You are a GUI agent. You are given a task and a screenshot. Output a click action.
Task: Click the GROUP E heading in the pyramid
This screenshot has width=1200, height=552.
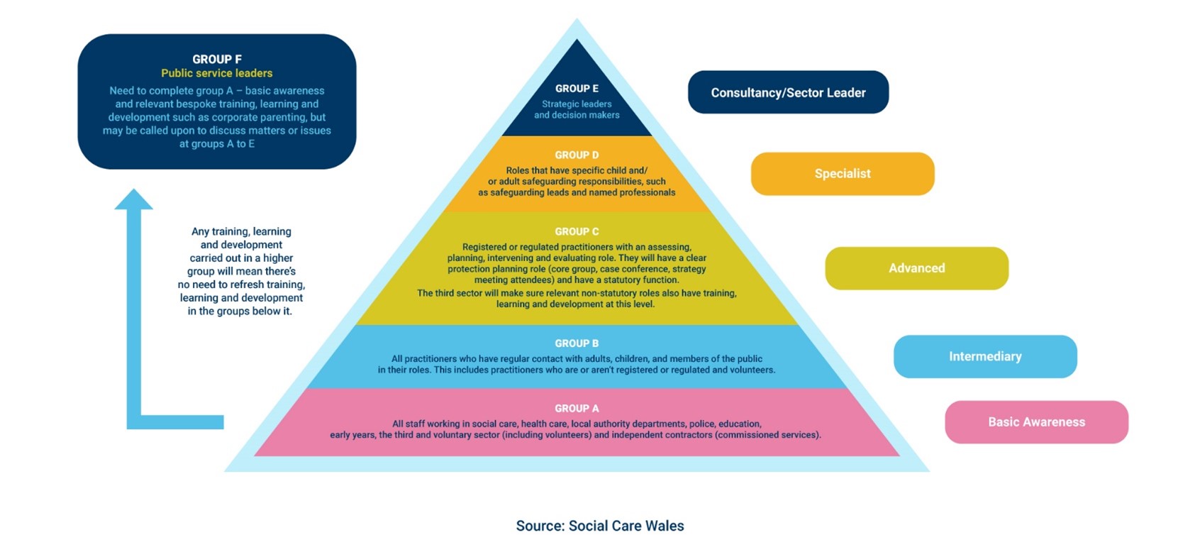click(x=577, y=89)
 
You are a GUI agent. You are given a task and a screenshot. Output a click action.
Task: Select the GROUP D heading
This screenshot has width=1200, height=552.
click(x=577, y=155)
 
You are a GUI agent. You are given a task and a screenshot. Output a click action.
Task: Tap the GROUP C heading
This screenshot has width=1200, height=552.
click(x=577, y=231)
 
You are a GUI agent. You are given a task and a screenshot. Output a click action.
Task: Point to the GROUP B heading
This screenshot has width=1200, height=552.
click(x=577, y=343)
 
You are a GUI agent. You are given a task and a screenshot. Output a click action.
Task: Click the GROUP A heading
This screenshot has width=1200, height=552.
click(x=577, y=409)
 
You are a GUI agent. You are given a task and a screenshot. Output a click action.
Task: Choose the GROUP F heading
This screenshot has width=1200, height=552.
click(x=217, y=59)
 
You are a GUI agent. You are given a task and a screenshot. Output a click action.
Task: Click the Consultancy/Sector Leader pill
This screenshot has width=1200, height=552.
click(x=788, y=92)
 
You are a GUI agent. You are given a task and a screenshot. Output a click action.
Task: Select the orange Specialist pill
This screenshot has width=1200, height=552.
click(x=843, y=174)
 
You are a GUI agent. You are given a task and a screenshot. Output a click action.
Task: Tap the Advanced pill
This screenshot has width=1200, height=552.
click(x=916, y=268)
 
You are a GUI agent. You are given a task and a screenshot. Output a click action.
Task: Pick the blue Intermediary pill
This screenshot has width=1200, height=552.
click(x=985, y=356)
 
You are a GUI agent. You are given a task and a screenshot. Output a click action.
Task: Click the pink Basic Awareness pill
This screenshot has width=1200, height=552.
click(x=1037, y=421)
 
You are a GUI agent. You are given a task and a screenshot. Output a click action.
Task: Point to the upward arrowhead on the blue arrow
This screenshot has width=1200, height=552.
click(x=134, y=199)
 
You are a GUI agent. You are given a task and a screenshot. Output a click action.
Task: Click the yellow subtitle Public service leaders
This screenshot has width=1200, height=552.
click(x=217, y=73)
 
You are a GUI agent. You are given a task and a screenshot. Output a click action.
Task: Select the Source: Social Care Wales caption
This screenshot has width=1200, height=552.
click(x=600, y=526)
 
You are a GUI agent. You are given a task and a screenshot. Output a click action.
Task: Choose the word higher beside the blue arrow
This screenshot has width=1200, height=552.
click(x=278, y=258)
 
